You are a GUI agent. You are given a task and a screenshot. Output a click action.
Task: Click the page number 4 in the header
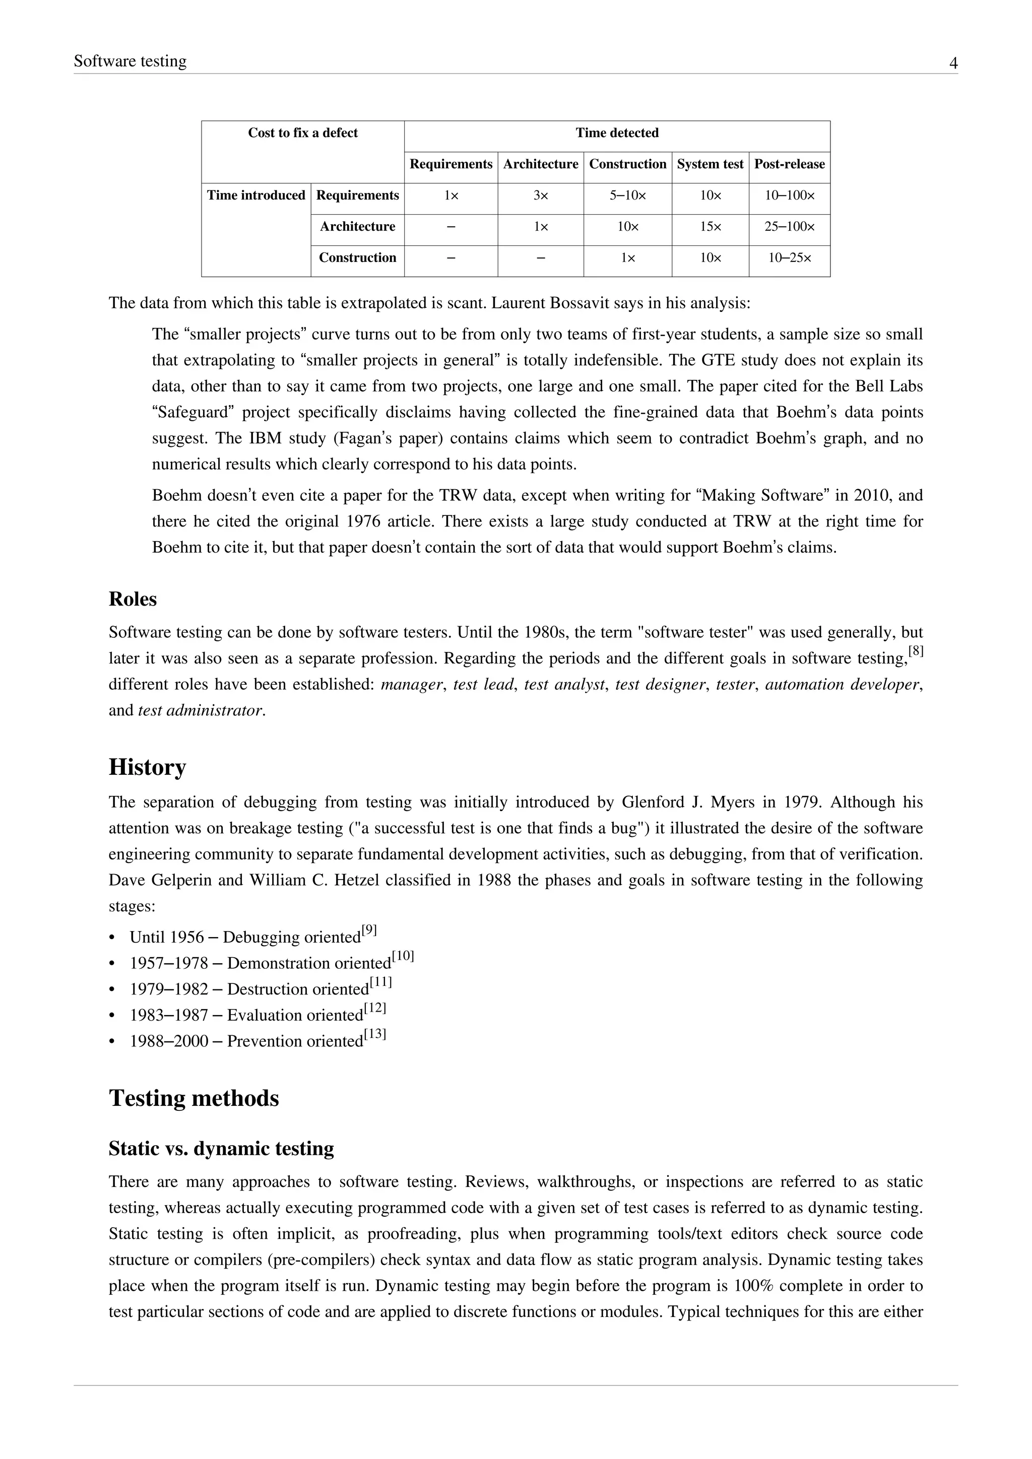(953, 63)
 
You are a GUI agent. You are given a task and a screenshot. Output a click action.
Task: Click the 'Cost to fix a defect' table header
(302, 133)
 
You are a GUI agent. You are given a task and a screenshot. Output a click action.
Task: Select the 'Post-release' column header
(789, 164)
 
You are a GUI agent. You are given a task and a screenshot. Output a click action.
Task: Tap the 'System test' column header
(710, 164)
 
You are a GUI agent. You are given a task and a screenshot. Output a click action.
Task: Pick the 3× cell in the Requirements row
(540, 195)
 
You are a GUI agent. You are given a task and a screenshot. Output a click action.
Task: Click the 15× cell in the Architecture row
(710, 227)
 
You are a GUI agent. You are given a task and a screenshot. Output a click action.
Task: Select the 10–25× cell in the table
(789, 258)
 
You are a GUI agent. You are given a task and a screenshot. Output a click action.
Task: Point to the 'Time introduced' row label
(256, 195)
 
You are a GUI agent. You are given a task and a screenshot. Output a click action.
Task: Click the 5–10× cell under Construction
(627, 195)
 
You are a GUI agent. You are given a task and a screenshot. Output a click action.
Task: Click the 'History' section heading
(148, 767)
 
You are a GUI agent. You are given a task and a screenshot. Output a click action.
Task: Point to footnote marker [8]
(915, 651)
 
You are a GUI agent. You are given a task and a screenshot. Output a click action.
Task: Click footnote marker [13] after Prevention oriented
(375, 1034)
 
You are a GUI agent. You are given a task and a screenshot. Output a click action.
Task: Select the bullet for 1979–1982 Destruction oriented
(113, 990)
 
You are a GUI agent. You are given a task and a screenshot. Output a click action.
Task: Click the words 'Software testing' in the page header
(131, 61)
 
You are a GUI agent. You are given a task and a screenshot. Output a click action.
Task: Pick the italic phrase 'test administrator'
(200, 710)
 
